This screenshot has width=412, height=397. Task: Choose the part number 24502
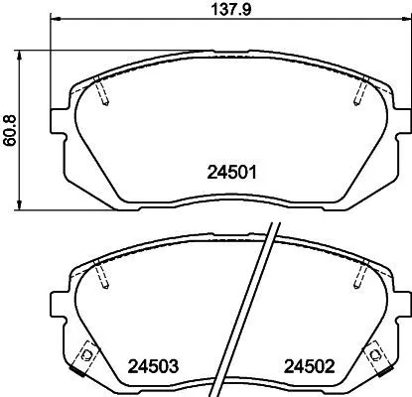[x=311, y=364]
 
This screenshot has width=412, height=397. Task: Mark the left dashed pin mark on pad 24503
[x=104, y=277]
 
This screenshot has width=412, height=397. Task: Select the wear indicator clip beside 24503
[x=87, y=355]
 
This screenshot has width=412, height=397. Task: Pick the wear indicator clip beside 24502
[x=376, y=355]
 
